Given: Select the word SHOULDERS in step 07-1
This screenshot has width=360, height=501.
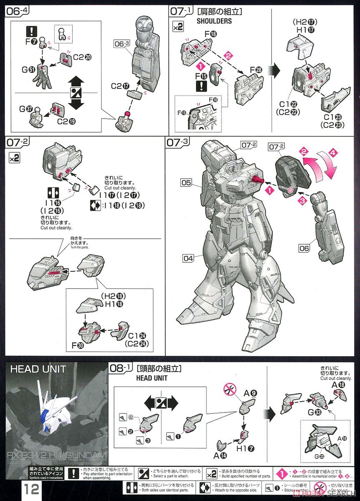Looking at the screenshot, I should click(x=214, y=21).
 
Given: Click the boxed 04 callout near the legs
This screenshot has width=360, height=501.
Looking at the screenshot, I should click(x=189, y=258).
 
